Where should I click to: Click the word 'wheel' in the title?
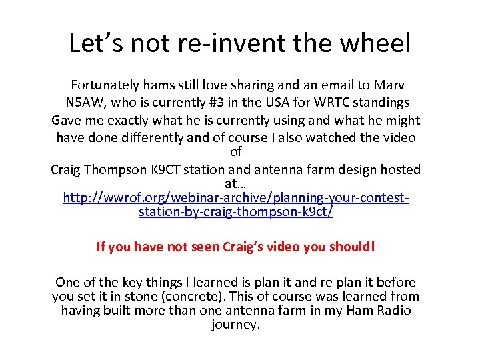click(379, 44)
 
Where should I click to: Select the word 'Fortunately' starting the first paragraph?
click(105, 85)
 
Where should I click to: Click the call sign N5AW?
click(85, 103)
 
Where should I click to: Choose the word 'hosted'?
click(399, 169)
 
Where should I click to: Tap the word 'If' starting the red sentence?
click(101, 247)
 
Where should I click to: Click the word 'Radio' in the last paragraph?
click(393, 311)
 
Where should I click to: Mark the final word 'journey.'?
click(235, 325)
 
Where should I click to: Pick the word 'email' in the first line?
click(334, 85)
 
